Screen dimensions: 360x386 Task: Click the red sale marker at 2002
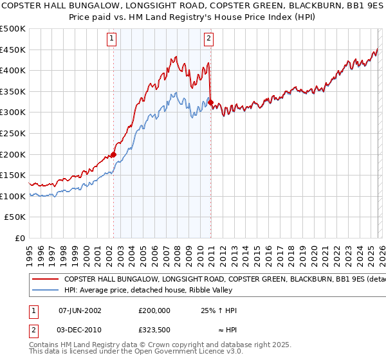[x=113, y=154]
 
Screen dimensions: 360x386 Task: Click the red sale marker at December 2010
[x=210, y=102]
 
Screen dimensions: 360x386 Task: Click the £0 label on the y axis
[x=21, y=239]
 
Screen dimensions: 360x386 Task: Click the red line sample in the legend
[x=46, y=280]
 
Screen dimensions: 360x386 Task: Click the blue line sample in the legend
[x=46, y=291]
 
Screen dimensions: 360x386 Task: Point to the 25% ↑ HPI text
[x=219, y=310]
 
